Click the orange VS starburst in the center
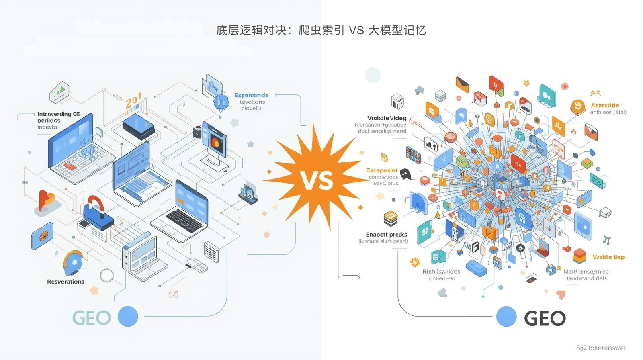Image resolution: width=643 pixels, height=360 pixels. (317, 180)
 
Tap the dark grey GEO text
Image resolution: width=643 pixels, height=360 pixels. (545, 319)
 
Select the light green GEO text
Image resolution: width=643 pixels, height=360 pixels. (92, 318)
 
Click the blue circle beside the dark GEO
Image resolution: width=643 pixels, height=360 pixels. (506, 316)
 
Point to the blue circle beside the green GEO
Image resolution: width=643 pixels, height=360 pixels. (128, 316)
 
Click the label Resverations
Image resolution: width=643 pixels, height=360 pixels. (66, 282)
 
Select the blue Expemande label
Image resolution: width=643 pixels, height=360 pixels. (252, 95)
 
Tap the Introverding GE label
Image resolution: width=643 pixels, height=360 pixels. (59, 114)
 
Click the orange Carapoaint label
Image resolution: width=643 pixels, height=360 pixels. (382, 170)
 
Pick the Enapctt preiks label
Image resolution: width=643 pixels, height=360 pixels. (386, 234)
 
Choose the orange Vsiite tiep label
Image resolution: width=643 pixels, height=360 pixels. (608, 257)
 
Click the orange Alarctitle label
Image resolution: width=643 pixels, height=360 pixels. (605, 105)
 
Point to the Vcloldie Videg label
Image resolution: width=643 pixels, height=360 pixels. (387, 118)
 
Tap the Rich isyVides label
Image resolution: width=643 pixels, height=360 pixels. (441, 272)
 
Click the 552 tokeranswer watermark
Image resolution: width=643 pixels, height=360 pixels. (601, 348)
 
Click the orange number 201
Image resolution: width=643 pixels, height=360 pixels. (133, 100)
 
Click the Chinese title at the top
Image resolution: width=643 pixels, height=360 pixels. (321, 30)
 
